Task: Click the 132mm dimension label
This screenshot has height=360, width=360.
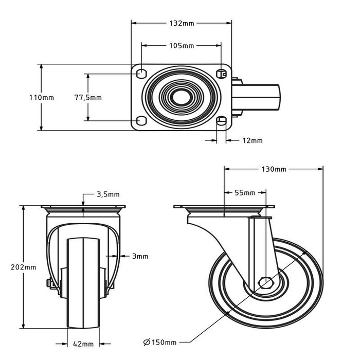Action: tap(182, 23)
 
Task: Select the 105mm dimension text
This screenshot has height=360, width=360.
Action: tap(182, 46)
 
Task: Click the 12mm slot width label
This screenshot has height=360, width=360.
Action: tap(253, 140)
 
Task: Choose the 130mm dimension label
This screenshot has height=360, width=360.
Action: tap(274, 169)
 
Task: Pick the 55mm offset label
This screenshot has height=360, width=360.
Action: tap(245, 193)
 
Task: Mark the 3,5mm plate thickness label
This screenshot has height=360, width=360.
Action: tap(108, 194)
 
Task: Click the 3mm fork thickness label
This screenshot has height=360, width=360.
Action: tap(140, 256)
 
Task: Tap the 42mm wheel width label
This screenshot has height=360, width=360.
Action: tap(83, 344)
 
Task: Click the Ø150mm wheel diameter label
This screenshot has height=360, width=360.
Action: tap(160, 342)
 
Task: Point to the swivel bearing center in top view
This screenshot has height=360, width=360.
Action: tap(182, 97)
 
